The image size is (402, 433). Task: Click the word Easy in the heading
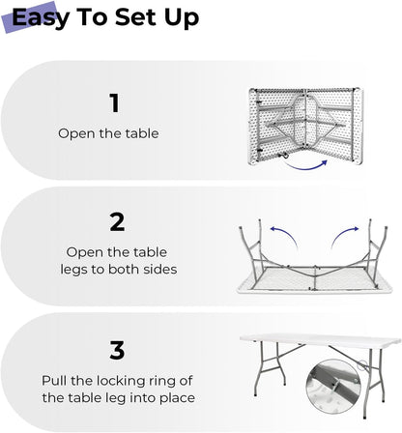45,18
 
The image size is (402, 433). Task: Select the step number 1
114,102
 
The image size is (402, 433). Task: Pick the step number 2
117,221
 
